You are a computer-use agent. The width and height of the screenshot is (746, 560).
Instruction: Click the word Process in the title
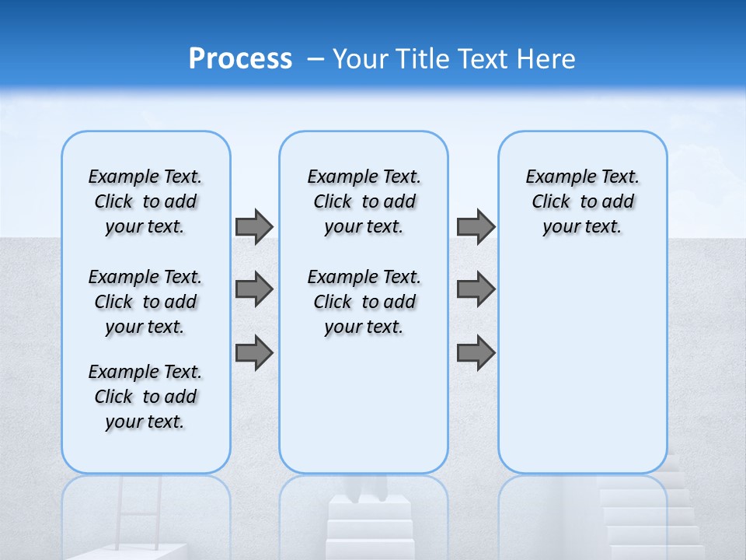(240, 58)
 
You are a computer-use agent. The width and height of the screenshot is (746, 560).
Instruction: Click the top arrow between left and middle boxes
(253, 226)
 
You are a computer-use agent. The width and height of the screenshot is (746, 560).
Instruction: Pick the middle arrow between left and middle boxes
(253, 289)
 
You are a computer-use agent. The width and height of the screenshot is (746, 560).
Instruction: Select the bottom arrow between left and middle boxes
(253, 352)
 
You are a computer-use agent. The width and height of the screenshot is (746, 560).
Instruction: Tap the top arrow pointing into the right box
(476, 226)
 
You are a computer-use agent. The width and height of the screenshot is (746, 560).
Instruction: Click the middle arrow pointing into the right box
(476, 289)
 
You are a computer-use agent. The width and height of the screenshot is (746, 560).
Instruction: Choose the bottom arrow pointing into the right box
(476, 352)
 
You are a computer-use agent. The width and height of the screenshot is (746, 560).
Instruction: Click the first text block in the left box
(145, 201)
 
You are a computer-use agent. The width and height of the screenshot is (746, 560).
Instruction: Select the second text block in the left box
(145, 302)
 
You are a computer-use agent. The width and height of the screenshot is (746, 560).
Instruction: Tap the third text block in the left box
(145, 397)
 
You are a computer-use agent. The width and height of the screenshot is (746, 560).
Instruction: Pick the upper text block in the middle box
(364, 201)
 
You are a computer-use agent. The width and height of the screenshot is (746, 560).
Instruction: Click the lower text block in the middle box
(364, 302)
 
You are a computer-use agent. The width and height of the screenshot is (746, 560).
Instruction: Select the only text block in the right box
(582, 201)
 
